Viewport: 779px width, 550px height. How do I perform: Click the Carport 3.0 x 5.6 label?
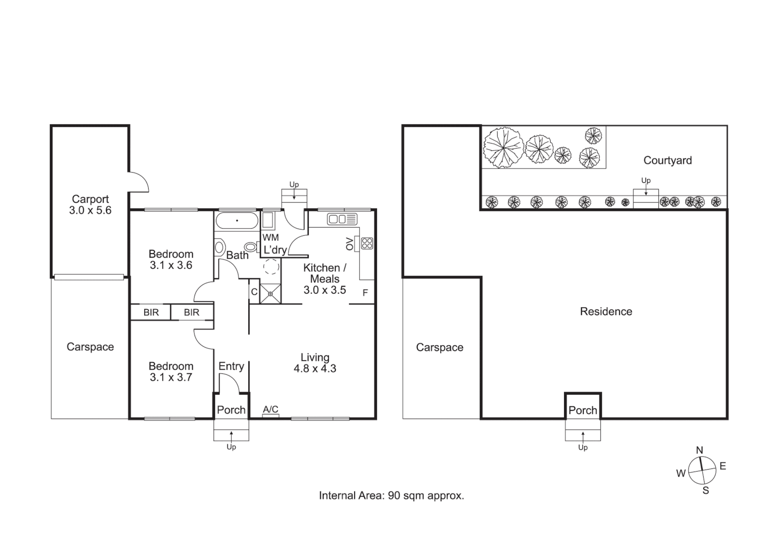tap(90, 205)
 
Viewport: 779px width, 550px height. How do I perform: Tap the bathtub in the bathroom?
tap(236, 221)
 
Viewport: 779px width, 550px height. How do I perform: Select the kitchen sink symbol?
tap(342, 219)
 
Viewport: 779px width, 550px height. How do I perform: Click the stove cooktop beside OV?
tap(367, 243)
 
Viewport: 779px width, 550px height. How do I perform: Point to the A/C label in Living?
tap(271, 409)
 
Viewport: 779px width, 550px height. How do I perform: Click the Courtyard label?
tap(667, 160)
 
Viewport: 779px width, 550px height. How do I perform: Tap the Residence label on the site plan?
tap(606, 312)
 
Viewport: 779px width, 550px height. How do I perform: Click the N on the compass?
tap(700, 450)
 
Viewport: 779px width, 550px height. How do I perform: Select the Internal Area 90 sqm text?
tap(391, 496)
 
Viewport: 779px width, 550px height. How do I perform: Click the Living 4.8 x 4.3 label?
tap(315, 363)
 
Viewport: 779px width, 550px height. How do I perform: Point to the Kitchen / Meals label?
tap(325, 279)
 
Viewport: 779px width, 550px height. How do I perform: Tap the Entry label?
tap(231, 366)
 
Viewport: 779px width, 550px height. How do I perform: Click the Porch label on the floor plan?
tap(231, 410)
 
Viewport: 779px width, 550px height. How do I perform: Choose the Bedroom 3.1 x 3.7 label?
tap(171, 372)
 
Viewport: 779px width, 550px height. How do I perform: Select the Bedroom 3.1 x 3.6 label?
tap(171, 259)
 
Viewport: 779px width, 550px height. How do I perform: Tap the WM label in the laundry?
tap(271, 237)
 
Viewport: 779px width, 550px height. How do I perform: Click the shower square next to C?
tap(271, 293)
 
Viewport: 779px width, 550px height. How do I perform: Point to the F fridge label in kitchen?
tap(365, 293)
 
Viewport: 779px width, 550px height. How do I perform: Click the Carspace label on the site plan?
tap(440, 347)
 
